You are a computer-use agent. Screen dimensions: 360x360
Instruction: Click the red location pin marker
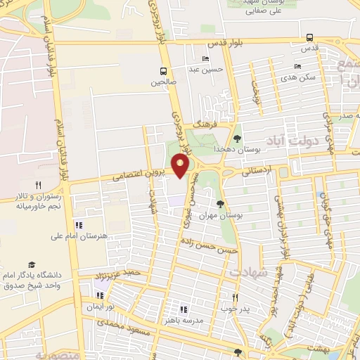[x=181, y=166]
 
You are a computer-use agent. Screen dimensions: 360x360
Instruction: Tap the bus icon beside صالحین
[x=163, y=71]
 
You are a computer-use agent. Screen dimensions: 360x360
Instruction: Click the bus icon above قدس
[x=310, y=38]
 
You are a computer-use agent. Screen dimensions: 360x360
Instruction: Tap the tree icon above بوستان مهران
[x=221, y=204]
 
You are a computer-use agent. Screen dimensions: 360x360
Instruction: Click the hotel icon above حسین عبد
[x=205, y=58]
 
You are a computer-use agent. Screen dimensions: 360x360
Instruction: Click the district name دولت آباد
[x=304, y=141]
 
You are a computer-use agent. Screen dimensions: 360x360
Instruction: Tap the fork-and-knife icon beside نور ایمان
[x=99, y=295]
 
